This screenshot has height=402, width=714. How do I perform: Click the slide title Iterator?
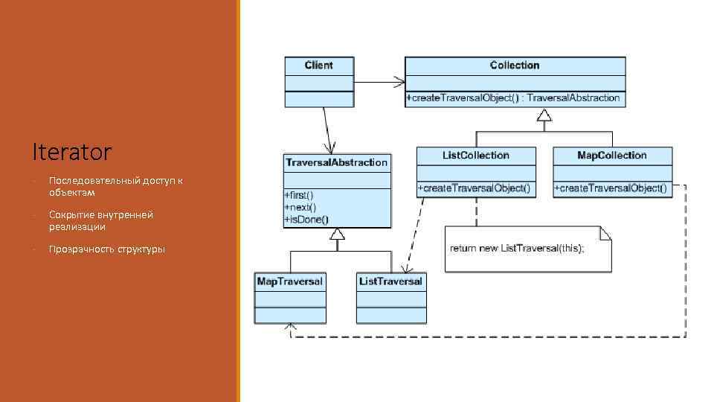point(71,153)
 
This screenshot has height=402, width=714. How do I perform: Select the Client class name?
point(319,66)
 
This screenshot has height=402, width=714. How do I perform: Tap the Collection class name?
point(515,66)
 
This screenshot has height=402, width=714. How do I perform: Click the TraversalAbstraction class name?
point(336,162)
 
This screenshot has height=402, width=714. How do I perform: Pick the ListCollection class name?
point(475,156)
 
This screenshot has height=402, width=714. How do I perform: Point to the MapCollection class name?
point(612,156)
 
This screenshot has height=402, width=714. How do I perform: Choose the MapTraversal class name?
point(290,281)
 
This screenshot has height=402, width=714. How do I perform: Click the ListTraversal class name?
point(390,281)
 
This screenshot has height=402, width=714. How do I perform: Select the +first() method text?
point(298,196)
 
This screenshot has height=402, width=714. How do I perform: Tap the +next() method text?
point(300,208)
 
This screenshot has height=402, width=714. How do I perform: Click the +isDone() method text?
point(306,220)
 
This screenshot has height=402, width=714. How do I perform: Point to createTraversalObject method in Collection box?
point(513,98)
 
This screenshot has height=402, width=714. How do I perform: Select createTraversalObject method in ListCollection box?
point(475,188)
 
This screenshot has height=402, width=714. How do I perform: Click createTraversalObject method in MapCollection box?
point(612,188)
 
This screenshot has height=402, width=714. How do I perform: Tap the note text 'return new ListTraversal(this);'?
point(517,248)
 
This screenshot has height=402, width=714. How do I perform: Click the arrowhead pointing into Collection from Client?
point(400,81)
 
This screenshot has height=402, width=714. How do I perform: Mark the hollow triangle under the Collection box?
point(544,115)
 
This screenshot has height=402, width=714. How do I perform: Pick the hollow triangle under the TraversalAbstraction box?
point(337,234)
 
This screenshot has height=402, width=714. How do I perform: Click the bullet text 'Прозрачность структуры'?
point(107,249)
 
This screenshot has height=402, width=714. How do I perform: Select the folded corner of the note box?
point(605,232)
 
